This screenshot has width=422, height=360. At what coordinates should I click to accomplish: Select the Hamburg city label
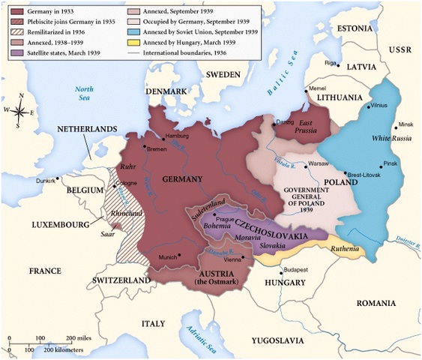point(182,136)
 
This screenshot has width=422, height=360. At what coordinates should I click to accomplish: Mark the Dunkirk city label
point(47,181)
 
